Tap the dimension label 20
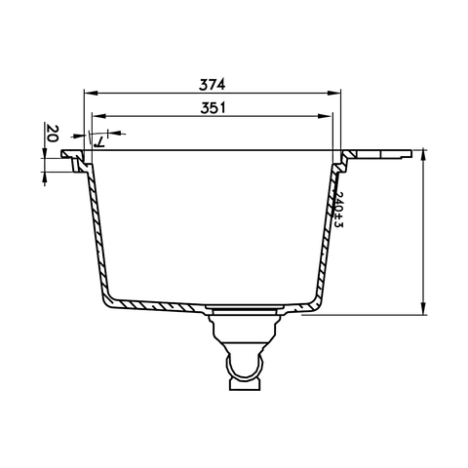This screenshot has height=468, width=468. pos(52,135)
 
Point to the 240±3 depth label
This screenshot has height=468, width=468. pos(338,210)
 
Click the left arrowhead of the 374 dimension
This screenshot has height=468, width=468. pos(89,95)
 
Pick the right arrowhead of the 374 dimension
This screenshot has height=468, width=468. pos(336,95)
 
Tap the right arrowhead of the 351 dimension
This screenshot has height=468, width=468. pos(326,118)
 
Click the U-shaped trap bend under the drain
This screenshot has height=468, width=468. pos(245,369)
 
